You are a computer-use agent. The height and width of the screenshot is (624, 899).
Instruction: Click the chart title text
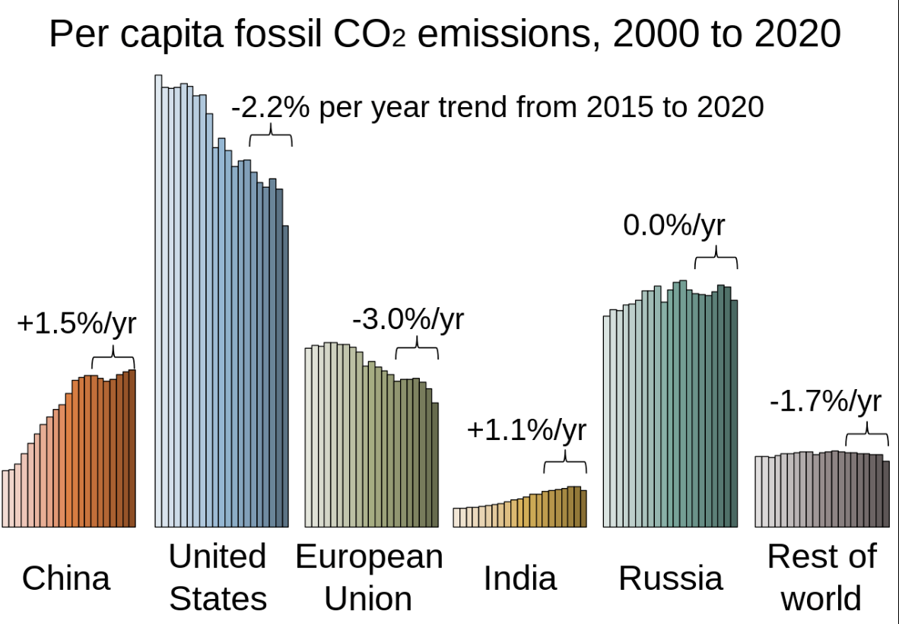(446, 35)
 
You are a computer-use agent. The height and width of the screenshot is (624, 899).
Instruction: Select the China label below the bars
(66, 578)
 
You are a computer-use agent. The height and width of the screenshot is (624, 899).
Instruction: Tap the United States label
(218, 577)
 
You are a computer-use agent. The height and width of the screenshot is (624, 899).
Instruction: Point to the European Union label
(369, 577)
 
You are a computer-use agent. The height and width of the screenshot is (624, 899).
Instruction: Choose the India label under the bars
(520, 578)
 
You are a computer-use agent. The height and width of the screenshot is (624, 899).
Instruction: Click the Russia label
(670, 578)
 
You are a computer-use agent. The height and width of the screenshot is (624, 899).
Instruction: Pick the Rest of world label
(821, 577)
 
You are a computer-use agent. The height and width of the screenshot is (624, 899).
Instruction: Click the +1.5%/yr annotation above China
(76, 324)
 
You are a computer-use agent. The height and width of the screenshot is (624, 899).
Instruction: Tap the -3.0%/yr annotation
(408, 318)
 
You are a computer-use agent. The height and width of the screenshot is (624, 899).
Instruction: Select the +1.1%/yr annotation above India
(527, 431)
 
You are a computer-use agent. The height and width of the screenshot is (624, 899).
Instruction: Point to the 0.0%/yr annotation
(674, 226)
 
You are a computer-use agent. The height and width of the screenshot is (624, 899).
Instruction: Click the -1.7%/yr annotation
(825, 401)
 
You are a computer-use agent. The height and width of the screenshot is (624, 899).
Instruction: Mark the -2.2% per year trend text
(497, 107)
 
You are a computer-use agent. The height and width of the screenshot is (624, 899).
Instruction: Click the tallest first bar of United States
(158, 304)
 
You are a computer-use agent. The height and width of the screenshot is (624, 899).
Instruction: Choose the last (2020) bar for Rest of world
(885, 493)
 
